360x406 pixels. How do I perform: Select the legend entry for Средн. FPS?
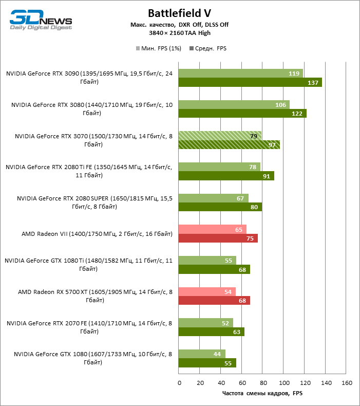(208, 48)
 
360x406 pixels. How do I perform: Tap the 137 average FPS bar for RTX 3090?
(250, 82)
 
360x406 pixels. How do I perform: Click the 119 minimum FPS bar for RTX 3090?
(240, 73)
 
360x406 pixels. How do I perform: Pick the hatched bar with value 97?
(229, 144)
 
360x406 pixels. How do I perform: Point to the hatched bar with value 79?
(220, 136)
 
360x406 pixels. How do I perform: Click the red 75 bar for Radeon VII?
(218, 238)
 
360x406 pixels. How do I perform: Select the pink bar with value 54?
(207, 291)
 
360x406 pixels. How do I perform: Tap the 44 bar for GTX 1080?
(202, 354)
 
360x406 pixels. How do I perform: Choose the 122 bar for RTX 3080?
(242, 114)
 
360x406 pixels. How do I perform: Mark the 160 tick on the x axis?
(347, 383)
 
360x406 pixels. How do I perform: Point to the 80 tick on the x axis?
(263, 383)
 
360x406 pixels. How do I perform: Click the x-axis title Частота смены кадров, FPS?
(262, 393)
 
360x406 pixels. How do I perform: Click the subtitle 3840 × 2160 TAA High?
(179, 33)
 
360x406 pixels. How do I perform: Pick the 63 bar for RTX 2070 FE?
(212, 331)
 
